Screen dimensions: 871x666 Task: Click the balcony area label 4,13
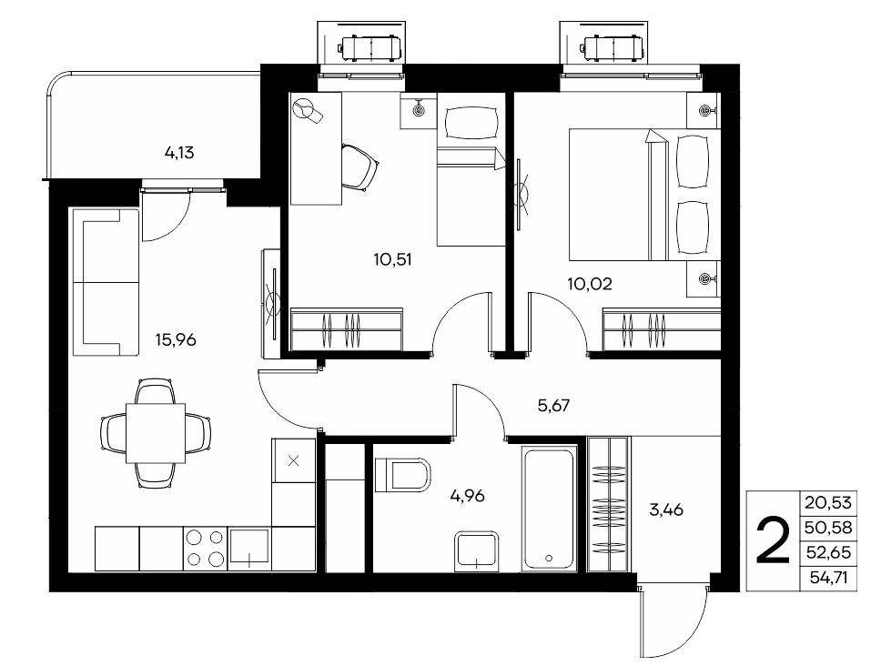(179, 152)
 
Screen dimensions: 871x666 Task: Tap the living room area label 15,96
(176, 339)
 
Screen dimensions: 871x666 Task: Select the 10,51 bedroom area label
(393, 259)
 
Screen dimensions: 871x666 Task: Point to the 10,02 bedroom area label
(590, 284)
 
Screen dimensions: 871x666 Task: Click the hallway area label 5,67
(554, 406)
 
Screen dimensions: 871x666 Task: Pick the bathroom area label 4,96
(467, 495)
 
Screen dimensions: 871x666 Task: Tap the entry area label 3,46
(666, 510)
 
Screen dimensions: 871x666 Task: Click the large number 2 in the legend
(773, 540)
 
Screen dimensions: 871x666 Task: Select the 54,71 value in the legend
(828, 579)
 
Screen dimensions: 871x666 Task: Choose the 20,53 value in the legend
(827, 503)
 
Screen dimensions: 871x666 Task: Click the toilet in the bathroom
(402, 475)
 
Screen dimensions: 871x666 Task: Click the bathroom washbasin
(477, 551)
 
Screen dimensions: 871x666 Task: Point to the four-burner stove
(205, 549)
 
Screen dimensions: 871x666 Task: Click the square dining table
(156, 433)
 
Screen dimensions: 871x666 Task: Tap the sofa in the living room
(106, 282)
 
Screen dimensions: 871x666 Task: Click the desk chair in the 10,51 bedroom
(359, 166)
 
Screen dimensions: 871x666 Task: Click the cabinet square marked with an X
(294, 460)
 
